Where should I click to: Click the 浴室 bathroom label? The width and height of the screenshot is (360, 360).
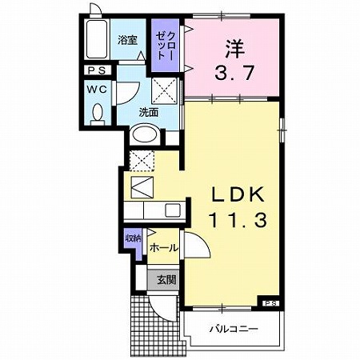pyautogui.click(x=127, y=40)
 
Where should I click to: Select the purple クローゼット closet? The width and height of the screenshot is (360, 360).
pyautogui.click(x=167, y=47)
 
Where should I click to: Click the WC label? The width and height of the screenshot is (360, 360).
pyautogui.click(x=97, y=91)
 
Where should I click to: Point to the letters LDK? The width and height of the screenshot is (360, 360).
pyautogui.click(x=234, y=195)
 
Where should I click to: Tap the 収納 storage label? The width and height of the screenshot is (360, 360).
pyautogui.click(x=132, y=238)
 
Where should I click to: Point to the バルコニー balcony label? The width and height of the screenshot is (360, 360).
pyautogui.click(x=234, y=328)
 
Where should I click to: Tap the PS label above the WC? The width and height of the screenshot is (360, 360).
pyautogui.click(x=96, y=70)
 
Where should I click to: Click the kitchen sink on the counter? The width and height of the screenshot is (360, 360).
pyautogui.click(x=171, y=211)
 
